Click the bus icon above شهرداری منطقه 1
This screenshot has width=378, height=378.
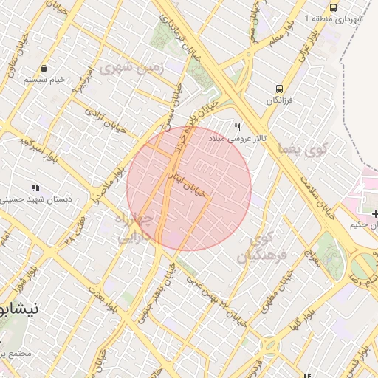coord(334,7)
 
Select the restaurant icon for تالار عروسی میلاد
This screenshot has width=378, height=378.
coord(237,126)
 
